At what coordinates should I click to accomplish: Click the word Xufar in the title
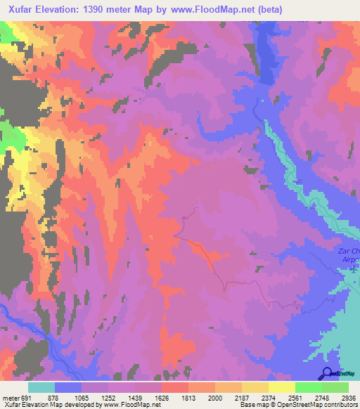(x=25, y=10)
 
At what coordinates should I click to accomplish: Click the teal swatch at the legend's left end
(x=41, y=387)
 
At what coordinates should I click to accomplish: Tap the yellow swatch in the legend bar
(x=281, y=387)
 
